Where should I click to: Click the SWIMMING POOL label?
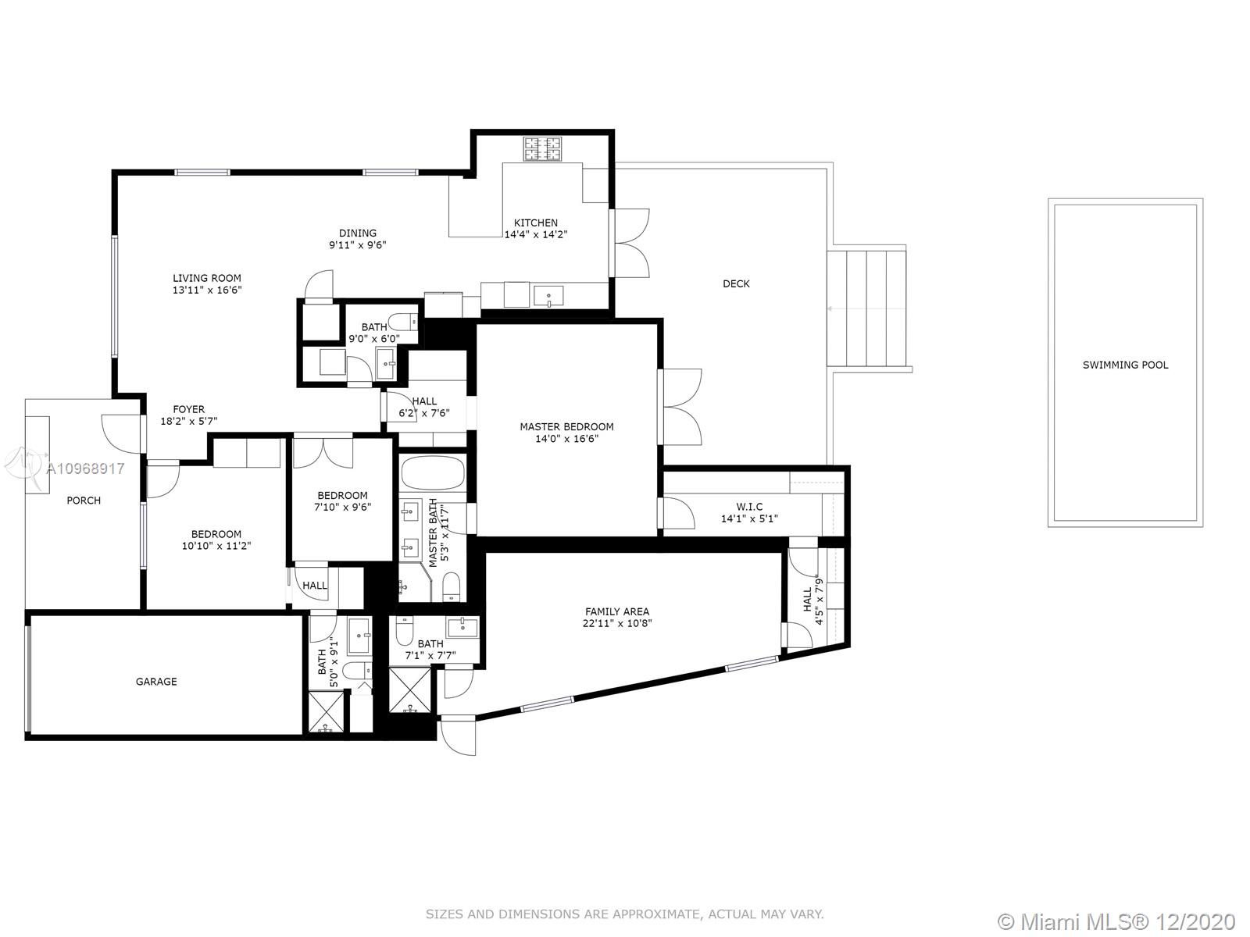coord(1125,365)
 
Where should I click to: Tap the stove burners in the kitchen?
coord(542,148)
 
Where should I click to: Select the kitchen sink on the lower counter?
coord(548,297)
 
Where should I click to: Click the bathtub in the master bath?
coord(433,472)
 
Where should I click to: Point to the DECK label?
coord(736,283)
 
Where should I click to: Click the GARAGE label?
coord(156,681)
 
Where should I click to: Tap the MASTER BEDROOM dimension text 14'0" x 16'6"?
coord(566,439)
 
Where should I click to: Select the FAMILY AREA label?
coord(616,611)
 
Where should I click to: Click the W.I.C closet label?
coord(749,506)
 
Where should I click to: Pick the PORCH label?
coord(83,500)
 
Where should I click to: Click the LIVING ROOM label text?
coord(207,278)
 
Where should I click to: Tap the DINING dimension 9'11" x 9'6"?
coord(358,244)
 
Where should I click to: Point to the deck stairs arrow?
coord(866,309)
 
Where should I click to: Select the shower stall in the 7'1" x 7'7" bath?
coord(410,690)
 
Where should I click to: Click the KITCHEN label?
coord(535,223)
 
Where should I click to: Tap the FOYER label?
coord(188,409)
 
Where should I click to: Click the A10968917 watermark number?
coord(85,468)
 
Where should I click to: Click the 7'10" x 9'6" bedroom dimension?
coord(342,507)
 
